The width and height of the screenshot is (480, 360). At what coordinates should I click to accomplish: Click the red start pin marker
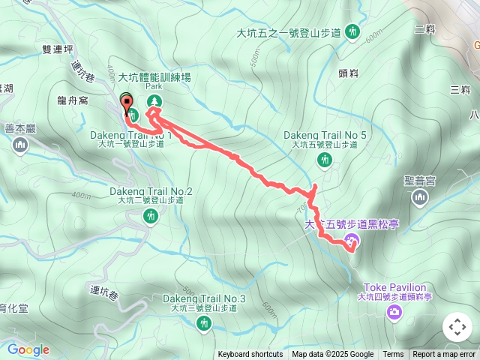pos(125,103)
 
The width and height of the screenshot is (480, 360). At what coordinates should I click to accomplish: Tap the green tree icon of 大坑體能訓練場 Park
pos(155,101)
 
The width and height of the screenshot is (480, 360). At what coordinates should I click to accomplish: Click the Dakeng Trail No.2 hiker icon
pos(151,217)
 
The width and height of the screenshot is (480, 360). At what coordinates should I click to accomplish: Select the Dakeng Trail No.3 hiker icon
pos(203,323)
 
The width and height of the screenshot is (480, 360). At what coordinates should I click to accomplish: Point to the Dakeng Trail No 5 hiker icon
pos(325,160)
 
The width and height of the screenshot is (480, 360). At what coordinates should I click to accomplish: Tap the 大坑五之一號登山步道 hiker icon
pos(353,33)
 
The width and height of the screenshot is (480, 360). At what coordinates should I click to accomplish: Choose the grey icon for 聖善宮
pos(419,198)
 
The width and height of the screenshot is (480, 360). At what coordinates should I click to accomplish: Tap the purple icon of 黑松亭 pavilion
pos(352,240)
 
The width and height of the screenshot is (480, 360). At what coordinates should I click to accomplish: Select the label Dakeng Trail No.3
pos(204,298)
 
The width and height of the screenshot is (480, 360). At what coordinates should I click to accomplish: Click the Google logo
pos(28,349)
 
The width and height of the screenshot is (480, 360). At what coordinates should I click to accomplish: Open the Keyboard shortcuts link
pos(250,355)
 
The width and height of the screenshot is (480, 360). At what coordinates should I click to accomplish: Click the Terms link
pos(393,355)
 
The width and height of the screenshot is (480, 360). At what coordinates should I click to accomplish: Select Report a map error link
pos(445,355)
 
